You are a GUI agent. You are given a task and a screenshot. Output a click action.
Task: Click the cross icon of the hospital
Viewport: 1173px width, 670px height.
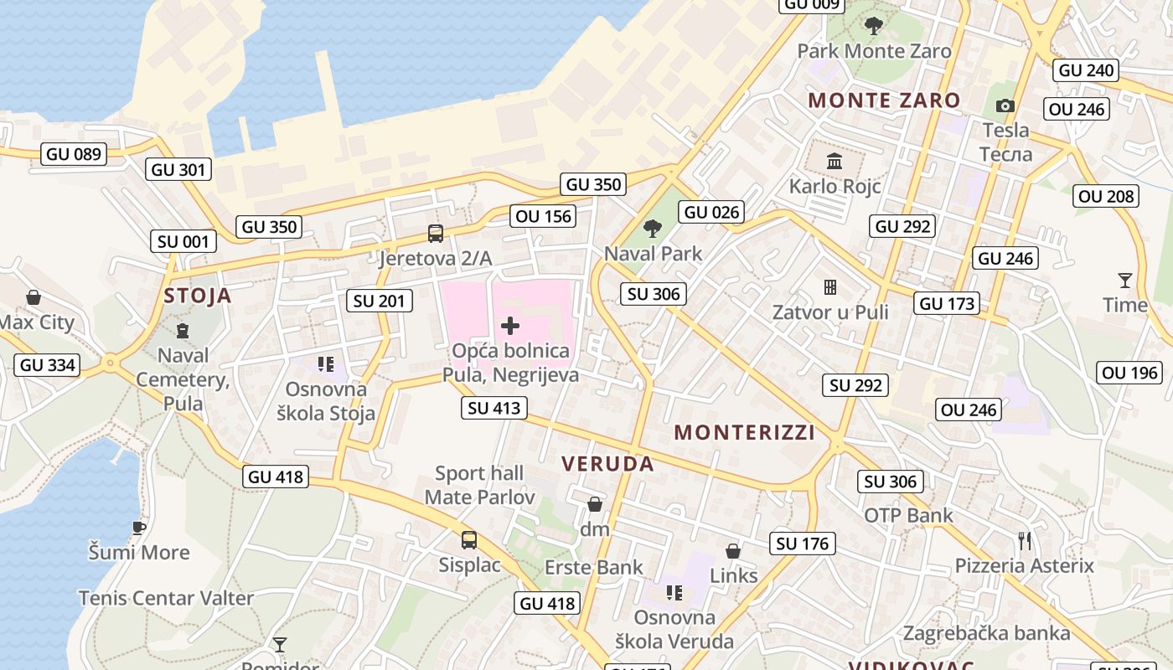pyautogui.click(x=509, y=326)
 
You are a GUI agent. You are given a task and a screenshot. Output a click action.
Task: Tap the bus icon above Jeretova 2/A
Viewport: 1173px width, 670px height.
pyautogui.click(x=435, y=234)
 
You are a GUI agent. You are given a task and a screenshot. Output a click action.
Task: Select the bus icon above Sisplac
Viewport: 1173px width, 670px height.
pyautogui.click(x=469, y=540)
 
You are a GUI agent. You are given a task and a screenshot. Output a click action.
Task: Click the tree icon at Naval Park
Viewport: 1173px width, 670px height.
pyautogui.click(x=652, y=228)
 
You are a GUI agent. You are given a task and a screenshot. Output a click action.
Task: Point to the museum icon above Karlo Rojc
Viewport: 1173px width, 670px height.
pyautogui.click(x=834, y=161)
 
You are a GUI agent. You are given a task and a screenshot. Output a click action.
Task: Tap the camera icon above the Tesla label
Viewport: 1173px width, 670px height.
pyautogui.click(x=1005, y=106)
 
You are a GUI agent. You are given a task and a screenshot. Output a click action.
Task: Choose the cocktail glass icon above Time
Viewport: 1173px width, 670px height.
pyautogui.click(x=1124, y=280)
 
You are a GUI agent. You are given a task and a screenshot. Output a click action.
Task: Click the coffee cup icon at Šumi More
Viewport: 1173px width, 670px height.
pyautogui.click(x=139, y=528)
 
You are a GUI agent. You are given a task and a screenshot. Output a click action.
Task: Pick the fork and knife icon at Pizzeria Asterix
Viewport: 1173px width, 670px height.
pyautogui.click(x=1024, y=540)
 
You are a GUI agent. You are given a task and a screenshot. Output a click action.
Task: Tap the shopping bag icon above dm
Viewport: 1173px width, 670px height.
pyautogui.click(x=594, y=504)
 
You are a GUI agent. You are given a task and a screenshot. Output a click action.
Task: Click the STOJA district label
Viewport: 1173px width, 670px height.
pyautogui.click(x=198, y=296)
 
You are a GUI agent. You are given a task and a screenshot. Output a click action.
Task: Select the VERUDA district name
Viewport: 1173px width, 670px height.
pyautogui.click(x=607, y=464)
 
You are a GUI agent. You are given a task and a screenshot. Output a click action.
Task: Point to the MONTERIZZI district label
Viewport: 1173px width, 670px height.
pyautogui.click(x=744, y=433)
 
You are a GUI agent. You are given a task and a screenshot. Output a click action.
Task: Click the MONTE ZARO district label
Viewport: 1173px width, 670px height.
pyautogui.click(x=884, y=100)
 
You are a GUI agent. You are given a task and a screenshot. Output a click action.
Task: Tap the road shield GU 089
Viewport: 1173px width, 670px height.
pyautogui.click(x=74, y=154)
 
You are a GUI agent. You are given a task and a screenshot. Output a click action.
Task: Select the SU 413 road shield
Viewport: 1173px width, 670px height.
pyautogui.click(x=494, y=409)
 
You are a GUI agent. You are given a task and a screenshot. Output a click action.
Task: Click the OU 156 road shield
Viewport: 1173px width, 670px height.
pyautogui.click(x=544, y=216)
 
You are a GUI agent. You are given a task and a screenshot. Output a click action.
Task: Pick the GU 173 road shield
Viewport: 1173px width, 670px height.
pyautogui.click(x=948, y=303)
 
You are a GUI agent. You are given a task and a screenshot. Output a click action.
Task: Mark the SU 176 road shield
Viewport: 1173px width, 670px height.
pyautogui.click(x=802, y=544)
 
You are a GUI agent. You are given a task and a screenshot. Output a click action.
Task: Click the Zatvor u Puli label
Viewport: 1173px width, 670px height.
pyautogui.click(x=829, y=312)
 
